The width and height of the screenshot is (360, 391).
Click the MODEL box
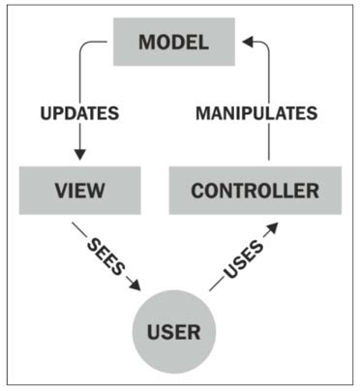coord(174,43)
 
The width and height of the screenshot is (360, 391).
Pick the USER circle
coord(174,333)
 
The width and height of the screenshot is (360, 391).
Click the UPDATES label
coord(78,113)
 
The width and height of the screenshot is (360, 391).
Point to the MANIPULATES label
coord(256,113)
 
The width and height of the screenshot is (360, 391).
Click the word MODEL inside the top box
coord(174,43)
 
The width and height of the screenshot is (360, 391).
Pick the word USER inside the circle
coord(174,333)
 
